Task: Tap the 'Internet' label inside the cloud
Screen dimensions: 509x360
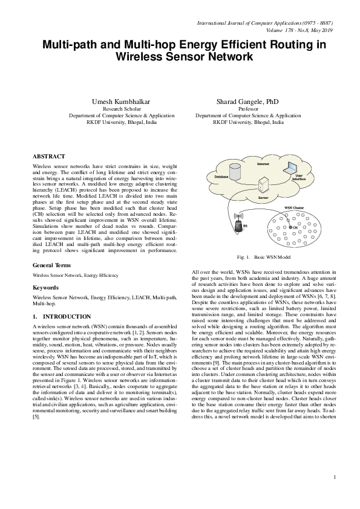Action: click(263, 164)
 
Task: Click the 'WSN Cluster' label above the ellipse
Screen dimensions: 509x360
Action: click(294, 207)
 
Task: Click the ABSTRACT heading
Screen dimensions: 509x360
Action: click(48, 156)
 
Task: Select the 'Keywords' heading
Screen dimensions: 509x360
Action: click(46, 288)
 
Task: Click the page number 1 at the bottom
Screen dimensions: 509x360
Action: click(334, 496)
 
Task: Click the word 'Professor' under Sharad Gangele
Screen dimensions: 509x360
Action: click(248, 109)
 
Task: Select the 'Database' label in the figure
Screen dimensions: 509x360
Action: click(221, 176)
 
